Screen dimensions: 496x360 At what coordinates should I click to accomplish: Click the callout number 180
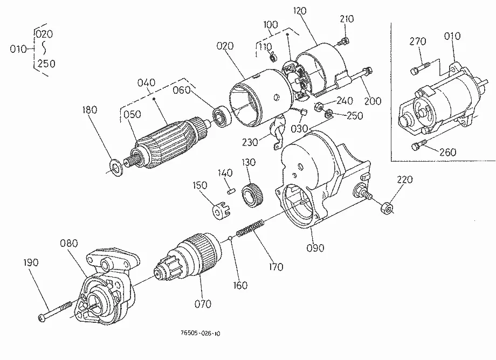click(89, 110)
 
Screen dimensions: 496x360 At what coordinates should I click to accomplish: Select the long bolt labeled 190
click(56, 311)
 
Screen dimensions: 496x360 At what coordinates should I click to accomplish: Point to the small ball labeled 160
click(231, 238)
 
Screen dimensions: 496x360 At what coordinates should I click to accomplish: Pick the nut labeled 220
click(386, 208)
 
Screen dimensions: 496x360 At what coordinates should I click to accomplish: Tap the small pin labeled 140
click(231, 191)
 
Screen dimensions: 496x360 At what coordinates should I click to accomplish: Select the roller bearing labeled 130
click(253, 195)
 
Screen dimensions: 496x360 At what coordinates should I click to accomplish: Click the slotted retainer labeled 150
click(220, 210)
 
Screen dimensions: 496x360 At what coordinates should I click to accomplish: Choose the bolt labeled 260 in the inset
click(420, 144)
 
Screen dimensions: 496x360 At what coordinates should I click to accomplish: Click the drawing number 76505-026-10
click(200, 333)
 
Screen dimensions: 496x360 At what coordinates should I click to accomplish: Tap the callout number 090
click(315, 248)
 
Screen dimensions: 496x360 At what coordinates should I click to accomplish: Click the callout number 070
click(203, 304)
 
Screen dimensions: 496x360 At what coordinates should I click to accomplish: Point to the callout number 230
click(250, 142)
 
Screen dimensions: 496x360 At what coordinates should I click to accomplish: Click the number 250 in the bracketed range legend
click(46, 64)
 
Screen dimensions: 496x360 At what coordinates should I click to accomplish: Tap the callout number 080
click(68, 244)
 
